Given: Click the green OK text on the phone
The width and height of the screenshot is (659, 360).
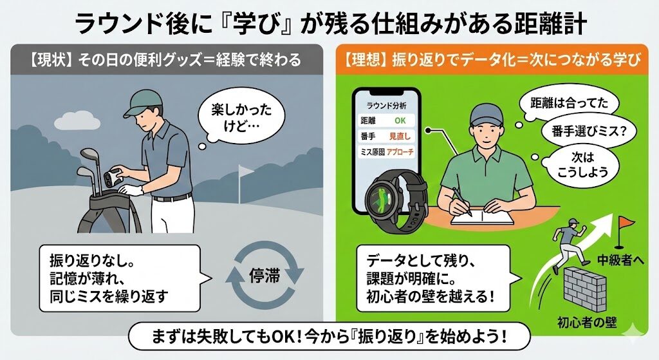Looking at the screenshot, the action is coord(400,120).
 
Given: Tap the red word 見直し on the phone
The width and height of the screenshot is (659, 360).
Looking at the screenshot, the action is coord(400,137).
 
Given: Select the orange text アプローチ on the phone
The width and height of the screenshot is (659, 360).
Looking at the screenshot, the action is coord(400,152).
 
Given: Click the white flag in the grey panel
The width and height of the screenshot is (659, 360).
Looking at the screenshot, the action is coord(246,171).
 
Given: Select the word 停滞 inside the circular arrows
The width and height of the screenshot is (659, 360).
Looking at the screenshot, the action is coord(265,277).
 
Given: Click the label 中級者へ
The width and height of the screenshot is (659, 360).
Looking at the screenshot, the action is coord(621,260).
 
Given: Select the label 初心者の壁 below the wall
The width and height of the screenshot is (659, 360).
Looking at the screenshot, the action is coord(587,323).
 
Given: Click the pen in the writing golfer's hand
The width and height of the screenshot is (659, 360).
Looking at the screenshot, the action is coord(461,200).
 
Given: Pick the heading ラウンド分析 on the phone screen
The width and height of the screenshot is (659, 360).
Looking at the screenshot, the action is coord(387,106).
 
